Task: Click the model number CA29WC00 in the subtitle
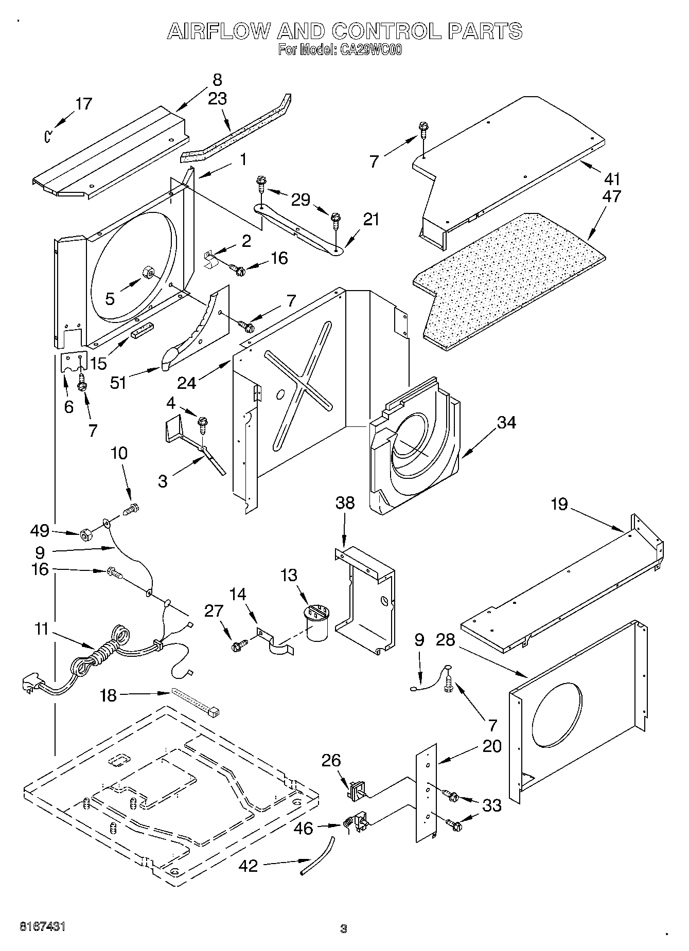(x=369, y=50)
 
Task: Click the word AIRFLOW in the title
(x=218, y=32)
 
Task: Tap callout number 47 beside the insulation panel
(x=612, y=196)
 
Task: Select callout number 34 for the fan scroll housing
(x=506, y=422)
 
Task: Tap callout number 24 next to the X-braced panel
(x=187, y=383)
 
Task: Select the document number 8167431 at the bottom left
(x=42, y=926)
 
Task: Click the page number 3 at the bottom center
(x=344, y=929)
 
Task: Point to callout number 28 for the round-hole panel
(x=446, y=640)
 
